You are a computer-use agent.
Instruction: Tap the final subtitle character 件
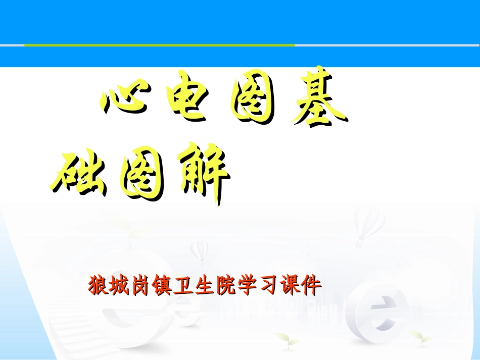pyautogui.click(x=311, y=286)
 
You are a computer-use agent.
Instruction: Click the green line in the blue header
pyautogui.click(x=159, y=45)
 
